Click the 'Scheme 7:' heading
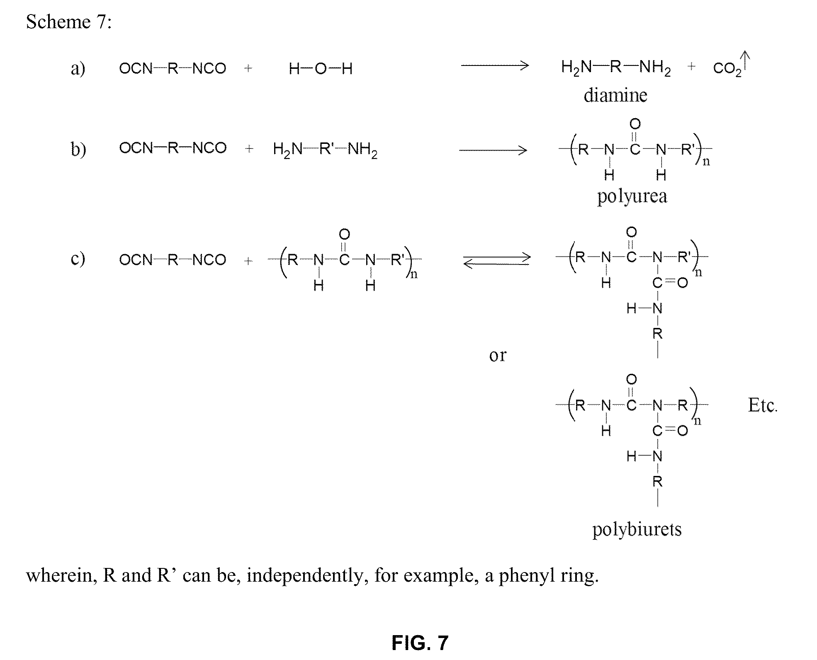[69, 22]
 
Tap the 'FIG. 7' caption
[420, 642]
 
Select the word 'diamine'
[615, 95]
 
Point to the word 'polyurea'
[632, 196]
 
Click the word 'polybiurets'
[637, 529]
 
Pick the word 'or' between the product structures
[498, 355]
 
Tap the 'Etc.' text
[763, 405]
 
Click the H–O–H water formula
[321, 68]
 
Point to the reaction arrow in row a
[495, 66]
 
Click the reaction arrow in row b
[493, 150]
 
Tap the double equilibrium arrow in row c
[497, 260]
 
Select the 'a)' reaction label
[78, 68]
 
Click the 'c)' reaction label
[78, 259]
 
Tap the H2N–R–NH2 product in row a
[615, 67]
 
